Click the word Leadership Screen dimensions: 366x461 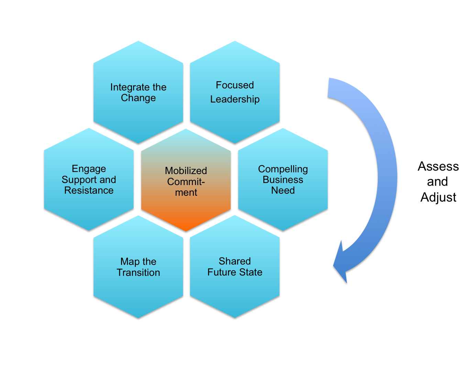tap(235, 99)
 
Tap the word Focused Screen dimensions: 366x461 tap(235, 85)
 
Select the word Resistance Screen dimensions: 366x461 tap(89, 190)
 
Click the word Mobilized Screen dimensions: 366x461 tap(186, 171)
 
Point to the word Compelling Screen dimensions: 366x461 tap(283, 169)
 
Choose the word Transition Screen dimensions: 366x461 tap(138, 272)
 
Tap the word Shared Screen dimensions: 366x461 tap(235, 261)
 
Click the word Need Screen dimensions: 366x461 tap(283, 190)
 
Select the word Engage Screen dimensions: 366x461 tap(89, 169)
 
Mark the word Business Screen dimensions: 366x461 tap(283, 180)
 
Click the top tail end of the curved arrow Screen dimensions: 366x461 tap(329, 88)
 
